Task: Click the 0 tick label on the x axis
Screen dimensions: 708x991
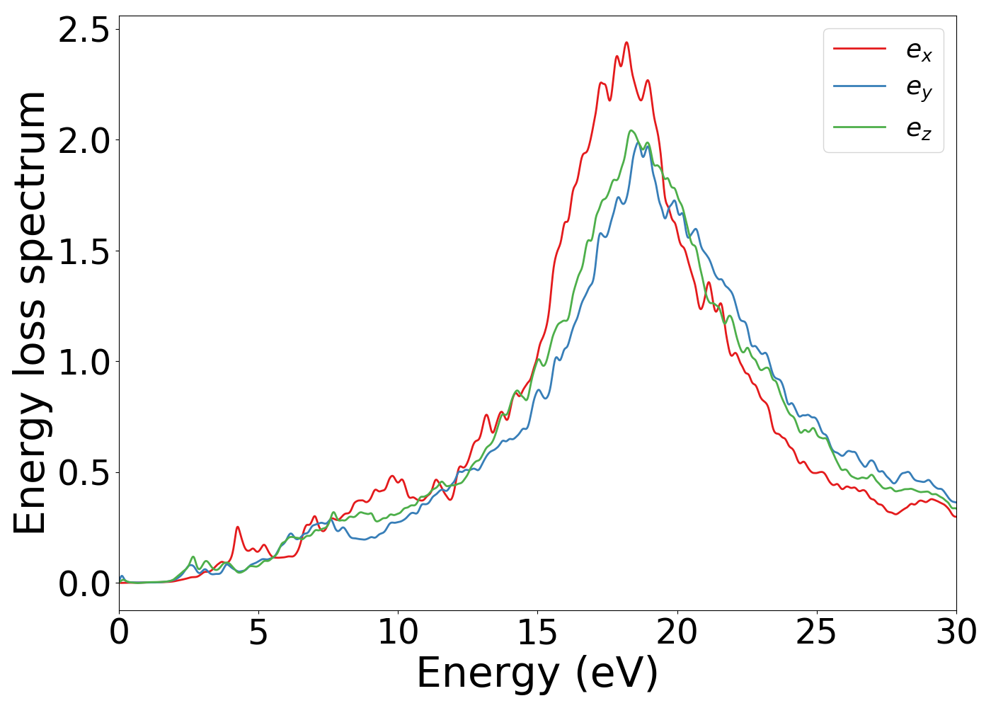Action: tap(119, 632)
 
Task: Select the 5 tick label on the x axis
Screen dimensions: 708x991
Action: tap(258, 632)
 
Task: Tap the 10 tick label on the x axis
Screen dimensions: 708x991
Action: tap(398, 632)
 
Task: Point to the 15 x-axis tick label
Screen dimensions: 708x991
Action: tap(537, 632)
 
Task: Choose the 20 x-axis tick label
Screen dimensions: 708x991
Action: tap(677, 632)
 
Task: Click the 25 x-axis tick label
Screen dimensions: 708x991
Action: tap(817, 632)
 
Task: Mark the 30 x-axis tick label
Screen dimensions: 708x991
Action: tap(956, 632)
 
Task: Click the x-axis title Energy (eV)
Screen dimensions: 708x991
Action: tap(537, 673)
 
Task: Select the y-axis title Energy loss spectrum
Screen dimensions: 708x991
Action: tap(30, 312)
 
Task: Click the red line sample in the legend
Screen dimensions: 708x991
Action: tap(859, 49)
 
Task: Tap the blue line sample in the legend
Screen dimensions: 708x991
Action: tap(859, 86)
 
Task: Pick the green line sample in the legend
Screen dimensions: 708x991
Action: tap(859, 127)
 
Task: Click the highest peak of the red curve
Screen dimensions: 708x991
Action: tap(626, 42)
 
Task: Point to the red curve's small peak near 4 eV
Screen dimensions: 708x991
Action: tap(237, 527)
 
